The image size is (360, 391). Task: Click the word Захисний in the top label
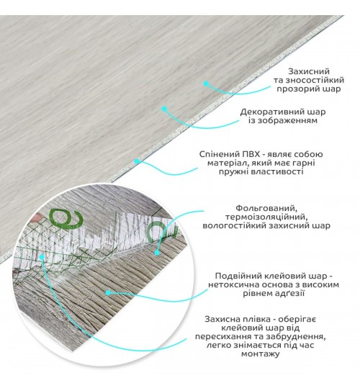tap(309, 71)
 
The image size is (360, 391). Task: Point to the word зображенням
tap(289, 121)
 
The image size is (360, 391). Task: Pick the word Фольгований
tap(266, 208)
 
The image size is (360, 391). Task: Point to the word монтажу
tap(260, 354)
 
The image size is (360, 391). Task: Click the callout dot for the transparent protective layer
tap(206, 84)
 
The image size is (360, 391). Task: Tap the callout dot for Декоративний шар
tap(164, 109)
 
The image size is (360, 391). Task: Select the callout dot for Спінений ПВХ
tap(137, 161)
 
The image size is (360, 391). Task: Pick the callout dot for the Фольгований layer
tap(157, 253)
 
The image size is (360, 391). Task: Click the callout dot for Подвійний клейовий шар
tap(108, 293)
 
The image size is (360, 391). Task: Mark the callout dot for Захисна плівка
tap(42, 256)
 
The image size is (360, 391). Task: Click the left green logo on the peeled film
tap(66, 217)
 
